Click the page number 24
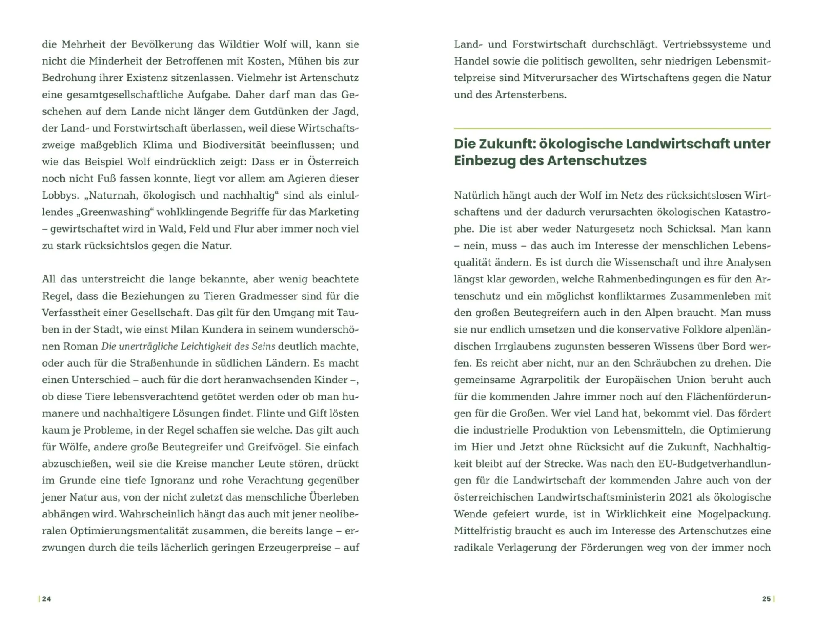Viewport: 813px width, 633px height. pos(47,599)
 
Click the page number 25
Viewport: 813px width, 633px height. pos(766,599)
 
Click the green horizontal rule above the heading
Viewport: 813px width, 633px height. pos(612,129)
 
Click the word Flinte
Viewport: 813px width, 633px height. pos(271,413)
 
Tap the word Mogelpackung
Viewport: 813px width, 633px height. pos(734,514)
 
